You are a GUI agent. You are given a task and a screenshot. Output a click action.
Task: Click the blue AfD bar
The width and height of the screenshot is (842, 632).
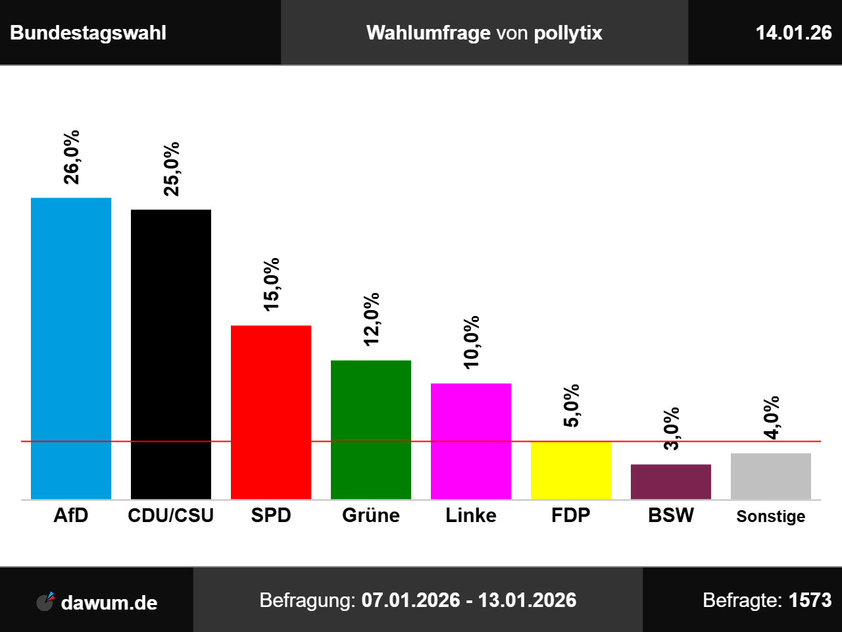[x=71, y=348]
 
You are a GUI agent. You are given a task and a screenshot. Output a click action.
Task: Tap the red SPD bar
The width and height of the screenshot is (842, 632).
[x=271, y=412]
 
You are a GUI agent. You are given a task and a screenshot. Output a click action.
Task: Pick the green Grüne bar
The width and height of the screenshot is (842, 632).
[x=371, y=429]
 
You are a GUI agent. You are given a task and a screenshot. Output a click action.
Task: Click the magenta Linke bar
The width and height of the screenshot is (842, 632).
[x=471, y=441]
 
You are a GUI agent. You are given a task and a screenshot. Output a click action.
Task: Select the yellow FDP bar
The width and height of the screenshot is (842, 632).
[x=571, y=470]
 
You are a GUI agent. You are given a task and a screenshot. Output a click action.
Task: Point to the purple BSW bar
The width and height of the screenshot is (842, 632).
[x=671, y=482]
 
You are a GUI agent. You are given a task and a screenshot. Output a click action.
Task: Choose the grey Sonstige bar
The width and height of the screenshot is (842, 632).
[x=771, y=476]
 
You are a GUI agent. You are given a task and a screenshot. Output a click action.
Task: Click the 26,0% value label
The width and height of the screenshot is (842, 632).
[x=71, y=157]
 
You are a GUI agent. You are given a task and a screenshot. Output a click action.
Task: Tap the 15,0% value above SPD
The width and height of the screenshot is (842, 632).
[x=271, y=284]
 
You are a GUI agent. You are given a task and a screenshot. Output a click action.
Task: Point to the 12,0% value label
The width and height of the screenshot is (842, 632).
[x=371, y=319]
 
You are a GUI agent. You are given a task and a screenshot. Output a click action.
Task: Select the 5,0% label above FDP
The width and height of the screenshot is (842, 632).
[x=571, y=406]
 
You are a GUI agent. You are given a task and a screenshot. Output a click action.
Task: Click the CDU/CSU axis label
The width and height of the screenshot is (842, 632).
[x=171, y=515]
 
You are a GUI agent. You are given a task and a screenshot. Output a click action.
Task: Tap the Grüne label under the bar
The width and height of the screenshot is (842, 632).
[x=371, y=515]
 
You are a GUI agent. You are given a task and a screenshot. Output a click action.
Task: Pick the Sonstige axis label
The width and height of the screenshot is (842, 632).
[x=771, y=516]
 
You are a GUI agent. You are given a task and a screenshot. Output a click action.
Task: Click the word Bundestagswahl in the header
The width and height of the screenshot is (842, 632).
[x=88, y=33]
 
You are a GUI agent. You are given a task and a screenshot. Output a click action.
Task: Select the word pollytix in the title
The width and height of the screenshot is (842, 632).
[x=568, y=33]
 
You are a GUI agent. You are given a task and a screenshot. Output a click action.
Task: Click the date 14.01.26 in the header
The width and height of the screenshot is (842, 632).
[x=793, y=33]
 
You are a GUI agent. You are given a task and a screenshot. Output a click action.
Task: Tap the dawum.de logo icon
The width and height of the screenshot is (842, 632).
[x=45, y=601]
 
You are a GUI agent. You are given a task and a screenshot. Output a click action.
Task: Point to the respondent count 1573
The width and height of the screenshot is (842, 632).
[x=810, y=600]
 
